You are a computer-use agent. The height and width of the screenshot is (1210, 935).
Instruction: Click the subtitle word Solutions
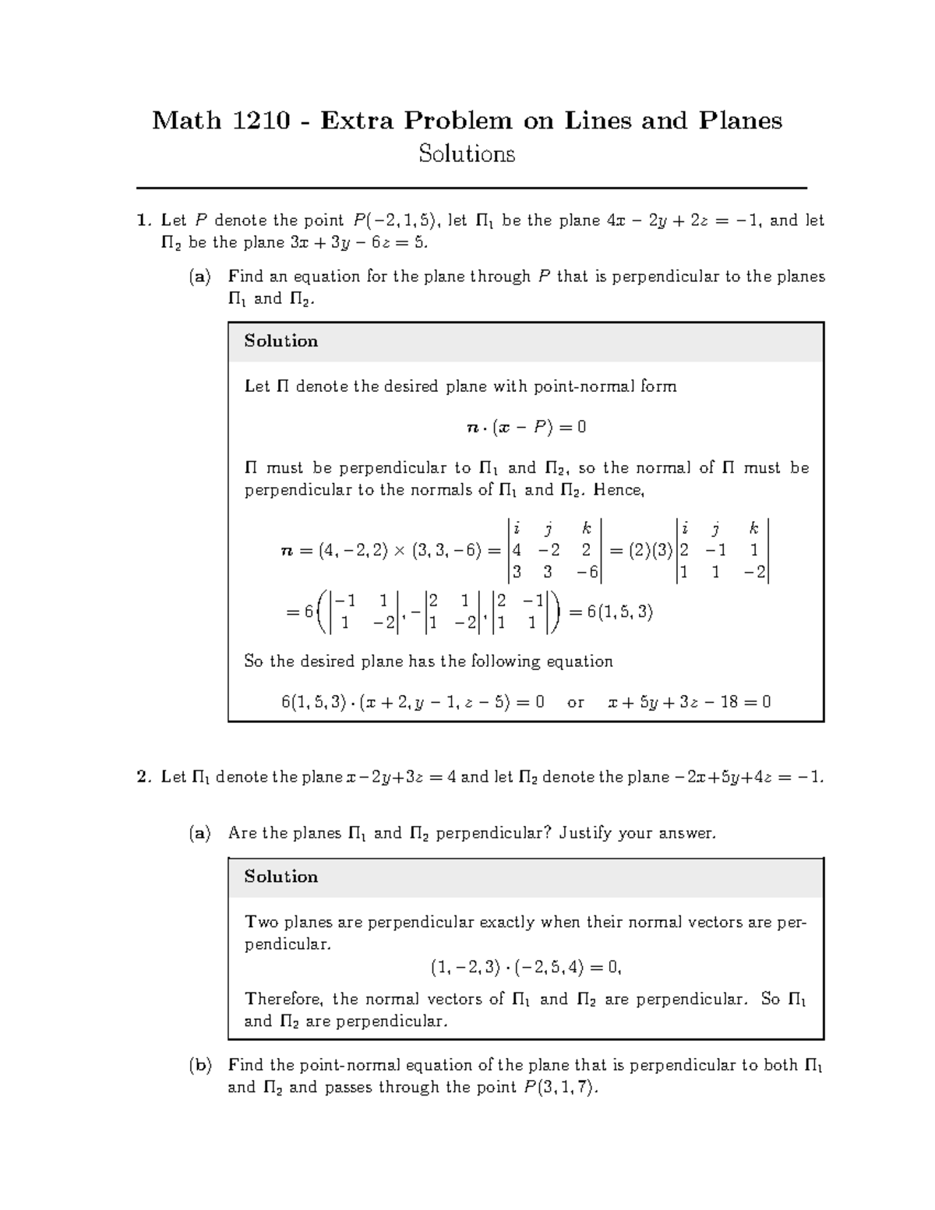click(467, 154)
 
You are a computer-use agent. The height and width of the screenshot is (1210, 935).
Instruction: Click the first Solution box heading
click(280, 341)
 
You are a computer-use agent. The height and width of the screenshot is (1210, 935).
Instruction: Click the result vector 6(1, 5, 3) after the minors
click(611, 612)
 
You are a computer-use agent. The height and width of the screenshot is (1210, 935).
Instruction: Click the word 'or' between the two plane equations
click(575, 703)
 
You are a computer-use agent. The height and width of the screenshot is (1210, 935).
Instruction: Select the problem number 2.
click(142, 777)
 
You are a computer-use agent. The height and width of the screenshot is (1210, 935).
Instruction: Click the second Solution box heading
click(280, 877)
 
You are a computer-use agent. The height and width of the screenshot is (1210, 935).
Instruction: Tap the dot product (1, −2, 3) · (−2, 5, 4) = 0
click(525, 968)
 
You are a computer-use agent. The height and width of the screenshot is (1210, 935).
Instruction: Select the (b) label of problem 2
click(199, 1065)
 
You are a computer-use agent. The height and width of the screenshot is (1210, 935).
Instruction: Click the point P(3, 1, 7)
click(559, 1087)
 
